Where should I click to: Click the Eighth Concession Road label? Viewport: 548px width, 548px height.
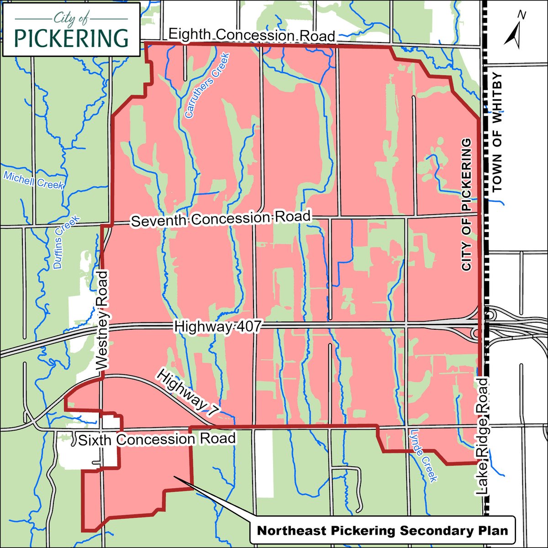(x=252, y=35)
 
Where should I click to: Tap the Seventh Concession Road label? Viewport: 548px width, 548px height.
(x=221, y=219)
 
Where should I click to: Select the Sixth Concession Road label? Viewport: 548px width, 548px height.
(x=157, y=439)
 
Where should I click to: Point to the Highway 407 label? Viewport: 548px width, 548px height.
(x=217, y=327)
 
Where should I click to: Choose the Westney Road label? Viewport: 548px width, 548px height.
(x=103, y=320)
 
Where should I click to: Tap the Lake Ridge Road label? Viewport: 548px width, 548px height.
(x=483, y=436)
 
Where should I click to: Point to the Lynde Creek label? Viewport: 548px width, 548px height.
(x=424, y=455)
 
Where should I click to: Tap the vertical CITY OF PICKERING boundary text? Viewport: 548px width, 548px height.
(x=466, y=205)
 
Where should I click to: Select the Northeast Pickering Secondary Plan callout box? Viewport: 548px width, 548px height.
(x=383, y=531)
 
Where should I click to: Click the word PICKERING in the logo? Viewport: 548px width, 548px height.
(x=71, y=38)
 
